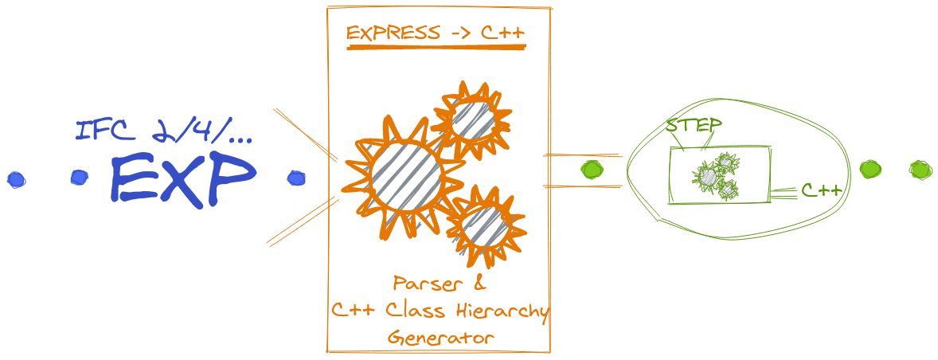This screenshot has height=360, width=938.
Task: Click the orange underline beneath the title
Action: (436, 49)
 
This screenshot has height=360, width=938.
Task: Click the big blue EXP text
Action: (184, 178)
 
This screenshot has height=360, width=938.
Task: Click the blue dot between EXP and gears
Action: (296, 178)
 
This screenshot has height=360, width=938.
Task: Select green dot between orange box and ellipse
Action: (592, 170)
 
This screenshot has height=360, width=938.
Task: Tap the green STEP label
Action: (694, 126)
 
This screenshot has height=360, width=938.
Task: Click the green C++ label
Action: (821, 190)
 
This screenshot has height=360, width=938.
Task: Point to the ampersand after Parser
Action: (478, 284)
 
